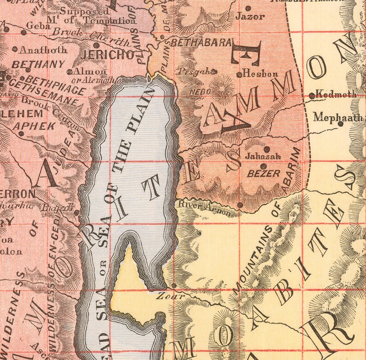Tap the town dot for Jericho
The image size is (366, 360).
[96, 45]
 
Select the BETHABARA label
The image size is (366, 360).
[201, 43]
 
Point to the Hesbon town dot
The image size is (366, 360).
[239, 74]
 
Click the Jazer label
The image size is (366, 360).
[250, 17]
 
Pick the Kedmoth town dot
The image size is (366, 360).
[312, 96]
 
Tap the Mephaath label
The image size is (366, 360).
[338, 117]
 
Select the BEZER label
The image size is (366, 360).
[264, 174]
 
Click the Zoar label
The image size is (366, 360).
[166, 295]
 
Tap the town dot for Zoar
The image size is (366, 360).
[174, 286]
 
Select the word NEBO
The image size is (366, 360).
[200, 92]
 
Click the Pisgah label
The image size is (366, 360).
[194, 72]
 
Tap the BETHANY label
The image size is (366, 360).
[31, 65]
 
